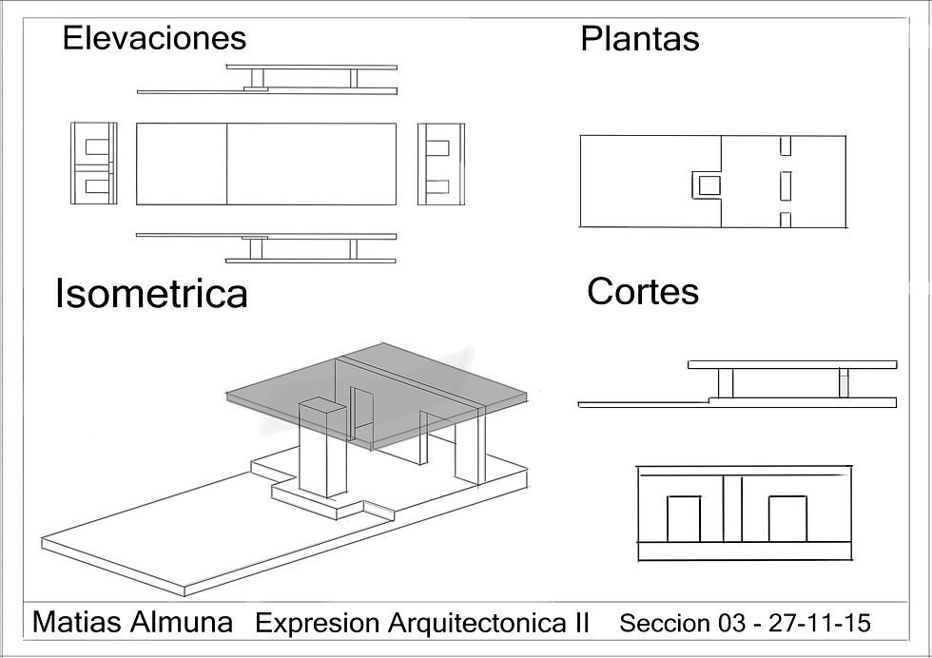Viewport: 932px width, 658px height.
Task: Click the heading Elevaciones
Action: pyautogui.click(x=154, y=38)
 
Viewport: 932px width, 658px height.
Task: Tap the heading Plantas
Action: pyautogui.click(x=639, y=39)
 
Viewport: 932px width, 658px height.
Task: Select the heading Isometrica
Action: pyautogui.click(x=151, y=294)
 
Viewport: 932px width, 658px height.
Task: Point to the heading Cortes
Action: pyautogui.click(x=642, y=291)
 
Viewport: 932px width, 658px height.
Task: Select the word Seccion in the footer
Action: pyautogui.click(x=665, y=624)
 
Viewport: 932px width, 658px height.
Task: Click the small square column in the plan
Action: pyautogui.click(x=705, y=184)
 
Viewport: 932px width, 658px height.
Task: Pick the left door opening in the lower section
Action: pyautogui.click(x=683, y=518)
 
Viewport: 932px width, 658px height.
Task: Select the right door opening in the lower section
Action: pyautogui.click(x=786, y=518)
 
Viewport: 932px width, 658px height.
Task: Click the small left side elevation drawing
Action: pyautogui.click(x=94, y=164)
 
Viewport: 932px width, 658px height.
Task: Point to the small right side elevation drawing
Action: pyautogui.click(x=440, y=164)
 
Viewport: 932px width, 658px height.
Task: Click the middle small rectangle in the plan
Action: pyautogui.click(x=786, y=184)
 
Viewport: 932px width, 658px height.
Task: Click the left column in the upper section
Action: pyautogui.click(x=726, y=383)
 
